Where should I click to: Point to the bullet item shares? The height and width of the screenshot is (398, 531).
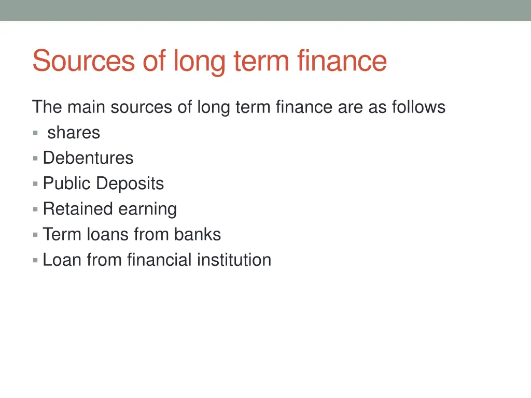click(x=74, y=133)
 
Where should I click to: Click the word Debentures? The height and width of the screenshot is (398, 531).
click(x=88, y=158)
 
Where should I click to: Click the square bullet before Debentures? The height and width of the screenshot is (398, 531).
click(x=35, y=158)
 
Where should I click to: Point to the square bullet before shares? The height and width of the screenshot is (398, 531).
click(x=35, y=133)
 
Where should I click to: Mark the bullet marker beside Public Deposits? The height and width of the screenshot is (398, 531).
click(x=35, y=183)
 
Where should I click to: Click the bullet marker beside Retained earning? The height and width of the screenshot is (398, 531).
click(x=35, y=209)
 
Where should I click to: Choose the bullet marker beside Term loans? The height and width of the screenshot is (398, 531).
click(x=35, y=235)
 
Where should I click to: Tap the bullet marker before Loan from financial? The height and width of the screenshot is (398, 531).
click(x=35, y=260)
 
